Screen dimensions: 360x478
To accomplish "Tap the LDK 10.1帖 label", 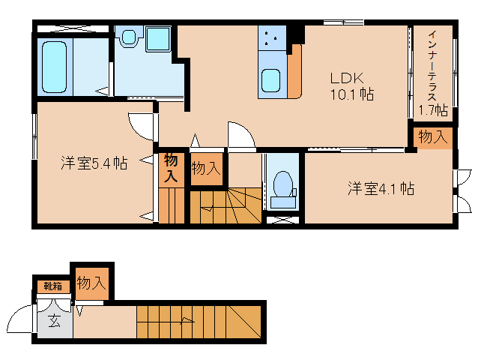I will [x=351, y=86].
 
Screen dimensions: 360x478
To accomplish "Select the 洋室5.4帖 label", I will [x=94, y=163].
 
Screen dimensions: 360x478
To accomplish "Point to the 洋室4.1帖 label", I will [x=381, y=188].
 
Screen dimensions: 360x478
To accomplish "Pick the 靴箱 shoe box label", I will [x=52, y=286].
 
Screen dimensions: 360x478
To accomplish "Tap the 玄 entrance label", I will [x=55, y=322].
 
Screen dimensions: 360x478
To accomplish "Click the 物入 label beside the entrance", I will [x=91, y=283].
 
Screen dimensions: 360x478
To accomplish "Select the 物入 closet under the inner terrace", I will [x=433, y=136].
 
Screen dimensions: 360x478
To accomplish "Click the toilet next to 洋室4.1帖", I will [x=283, y=186].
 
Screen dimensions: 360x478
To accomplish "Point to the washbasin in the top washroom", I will [x=129, y=36].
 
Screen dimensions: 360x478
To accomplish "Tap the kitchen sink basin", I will [x=270, y=79].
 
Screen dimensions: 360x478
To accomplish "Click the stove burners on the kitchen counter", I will [x=272, y=37].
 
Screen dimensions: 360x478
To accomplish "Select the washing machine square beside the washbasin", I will [x=158, y=37].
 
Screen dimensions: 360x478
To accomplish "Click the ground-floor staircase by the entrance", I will [x=199, y=322].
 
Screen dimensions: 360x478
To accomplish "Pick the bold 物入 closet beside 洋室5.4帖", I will [x=171, y=168].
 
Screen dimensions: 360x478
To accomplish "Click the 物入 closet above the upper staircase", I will [x=205, y=169].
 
